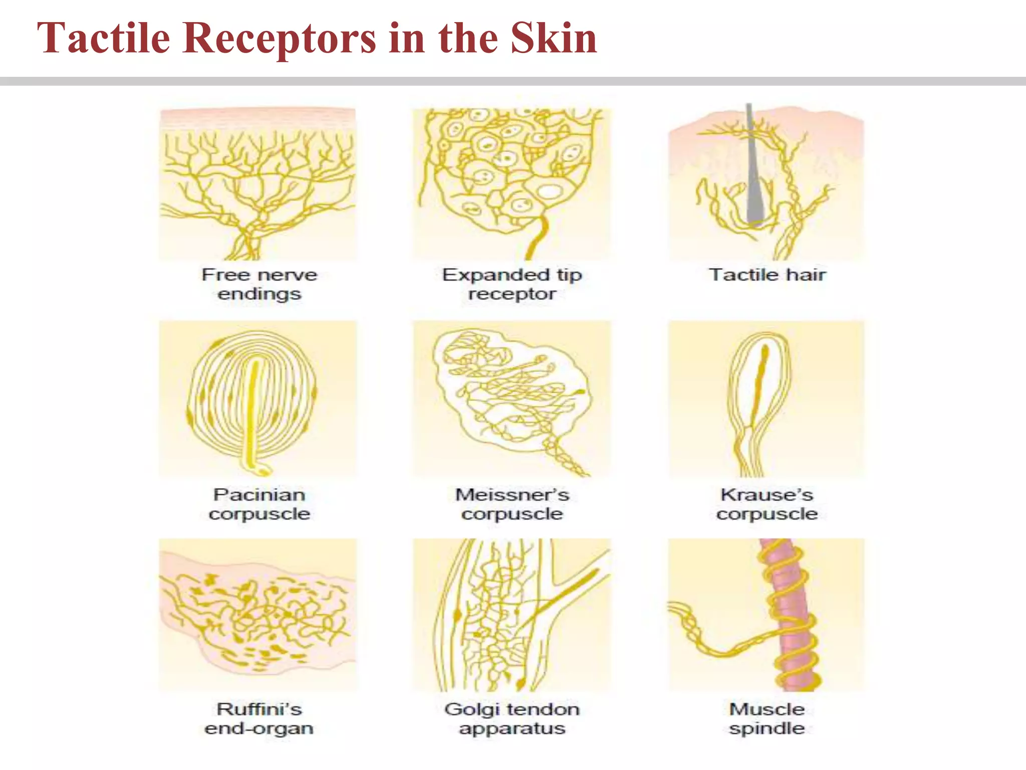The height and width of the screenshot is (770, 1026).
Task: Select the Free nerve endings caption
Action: (x=260, y=284)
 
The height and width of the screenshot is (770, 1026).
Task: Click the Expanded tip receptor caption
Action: (x=512, y=284)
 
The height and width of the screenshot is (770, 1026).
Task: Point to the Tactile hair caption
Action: (x=767, y=275)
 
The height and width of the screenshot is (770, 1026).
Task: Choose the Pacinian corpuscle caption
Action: (x=260, y=504)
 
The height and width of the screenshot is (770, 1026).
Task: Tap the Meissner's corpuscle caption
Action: (x=512, y=504)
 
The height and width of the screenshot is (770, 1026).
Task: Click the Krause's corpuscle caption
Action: (x=767, y=504)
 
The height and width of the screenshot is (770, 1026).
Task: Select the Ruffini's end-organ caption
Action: (x=260, y=718)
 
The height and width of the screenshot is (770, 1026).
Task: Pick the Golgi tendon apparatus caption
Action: (x=512, y=718)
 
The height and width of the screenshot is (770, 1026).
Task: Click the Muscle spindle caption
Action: (x=767, y=718)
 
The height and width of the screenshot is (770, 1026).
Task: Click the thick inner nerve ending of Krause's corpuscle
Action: (x=760, y=381)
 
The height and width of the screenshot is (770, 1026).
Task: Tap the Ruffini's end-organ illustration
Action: (x=258, y=614)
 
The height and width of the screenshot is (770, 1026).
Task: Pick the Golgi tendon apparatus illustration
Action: (x=512, y=614)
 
